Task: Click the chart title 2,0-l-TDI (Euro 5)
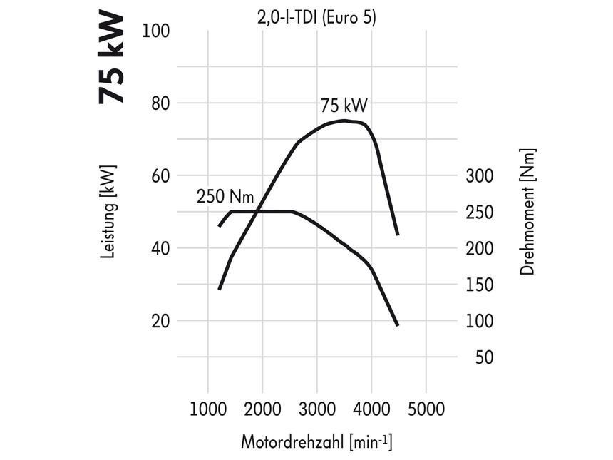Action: [316, 17]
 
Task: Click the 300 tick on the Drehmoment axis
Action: [480, 176]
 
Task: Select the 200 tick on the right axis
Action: [480, 249]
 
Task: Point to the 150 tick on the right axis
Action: [480, 285]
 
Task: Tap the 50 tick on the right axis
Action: [484, 357]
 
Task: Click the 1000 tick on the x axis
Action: [208, 410]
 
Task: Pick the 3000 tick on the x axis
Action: [317, 410]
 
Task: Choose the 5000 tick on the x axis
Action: [426, 410]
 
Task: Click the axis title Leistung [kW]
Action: [108, 212]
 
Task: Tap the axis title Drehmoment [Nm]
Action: [527, 212]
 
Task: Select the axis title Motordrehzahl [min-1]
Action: [316, 441]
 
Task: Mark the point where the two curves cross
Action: [257, 211]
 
